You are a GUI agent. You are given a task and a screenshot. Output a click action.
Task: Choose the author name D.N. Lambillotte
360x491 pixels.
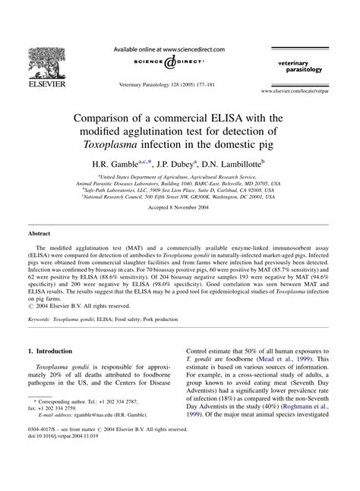click(231, 164)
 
